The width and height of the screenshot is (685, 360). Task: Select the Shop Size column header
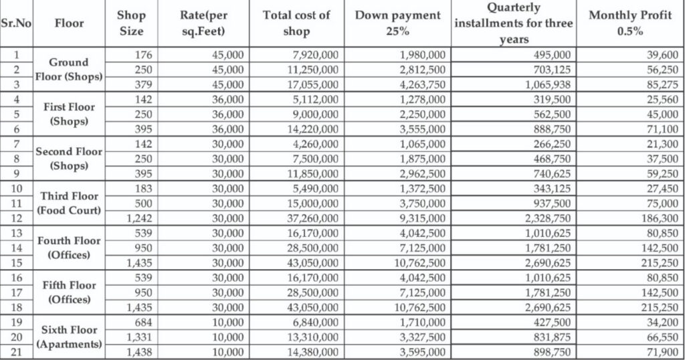click(x=130, y=23)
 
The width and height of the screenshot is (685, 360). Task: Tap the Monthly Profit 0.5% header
click(x=629, y=23)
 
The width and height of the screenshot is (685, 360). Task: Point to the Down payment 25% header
click(x=397, y=23)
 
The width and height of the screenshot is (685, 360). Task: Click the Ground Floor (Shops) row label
click(x=69, y=70)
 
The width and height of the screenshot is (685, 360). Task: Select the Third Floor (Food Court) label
click(x=69, y=203)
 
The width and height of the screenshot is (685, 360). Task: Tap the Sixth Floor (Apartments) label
click(x=69, y=337)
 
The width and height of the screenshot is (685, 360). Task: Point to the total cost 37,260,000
click(x=311, y=218)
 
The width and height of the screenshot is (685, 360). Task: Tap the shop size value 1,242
click(x=139, y=218)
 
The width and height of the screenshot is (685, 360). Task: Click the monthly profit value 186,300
click(x=658, y=218)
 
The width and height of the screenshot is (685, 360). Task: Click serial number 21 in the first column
click(x=17, y=351)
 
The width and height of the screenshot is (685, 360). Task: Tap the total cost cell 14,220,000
click(x=311, y=129)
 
